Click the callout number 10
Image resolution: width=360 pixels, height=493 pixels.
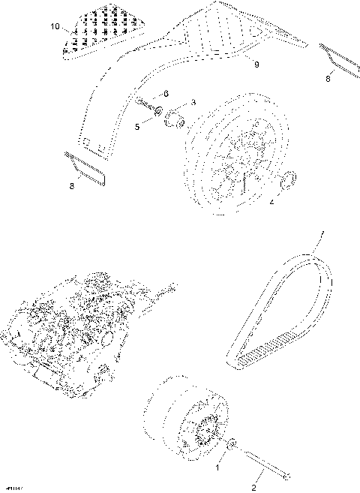pyautogui.click(x=53, y=26)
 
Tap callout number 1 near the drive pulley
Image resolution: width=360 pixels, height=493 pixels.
pyautogui.click(x=219, y=467)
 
